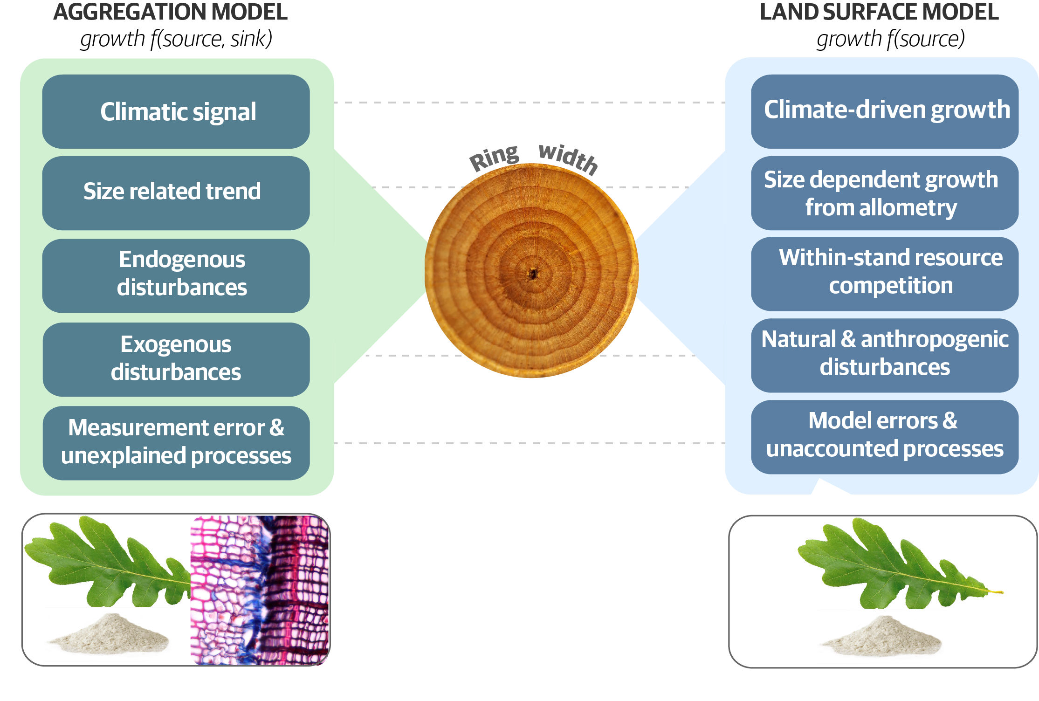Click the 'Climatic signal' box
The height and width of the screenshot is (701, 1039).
(176, 111)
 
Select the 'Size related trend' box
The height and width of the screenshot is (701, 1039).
(176, 193)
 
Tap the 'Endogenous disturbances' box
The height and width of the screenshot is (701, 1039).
(176, 276)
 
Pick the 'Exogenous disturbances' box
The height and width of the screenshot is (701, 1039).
(176, 359)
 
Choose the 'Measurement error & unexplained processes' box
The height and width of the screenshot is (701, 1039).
(176, 443)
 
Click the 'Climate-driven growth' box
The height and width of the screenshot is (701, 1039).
(885, 111)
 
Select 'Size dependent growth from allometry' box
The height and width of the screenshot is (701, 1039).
(885, 193)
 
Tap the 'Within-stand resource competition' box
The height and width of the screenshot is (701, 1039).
(885, 274)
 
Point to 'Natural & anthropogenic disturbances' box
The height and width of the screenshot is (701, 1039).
(885, 356)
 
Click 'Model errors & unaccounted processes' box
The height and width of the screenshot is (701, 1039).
(885, 437)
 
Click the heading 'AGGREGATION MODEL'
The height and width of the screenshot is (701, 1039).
(171, 12)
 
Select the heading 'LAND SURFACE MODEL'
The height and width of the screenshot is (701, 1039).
(879, 12)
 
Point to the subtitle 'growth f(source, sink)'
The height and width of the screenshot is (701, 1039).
(176, 39)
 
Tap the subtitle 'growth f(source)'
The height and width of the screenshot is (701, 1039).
(890, 39)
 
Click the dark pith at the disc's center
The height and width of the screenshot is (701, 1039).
(532, 274)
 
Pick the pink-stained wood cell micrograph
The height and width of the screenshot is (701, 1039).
(260, 590)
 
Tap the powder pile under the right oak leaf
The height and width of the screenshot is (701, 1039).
(881, 636)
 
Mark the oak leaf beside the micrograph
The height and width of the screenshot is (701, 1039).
(107, 562)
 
